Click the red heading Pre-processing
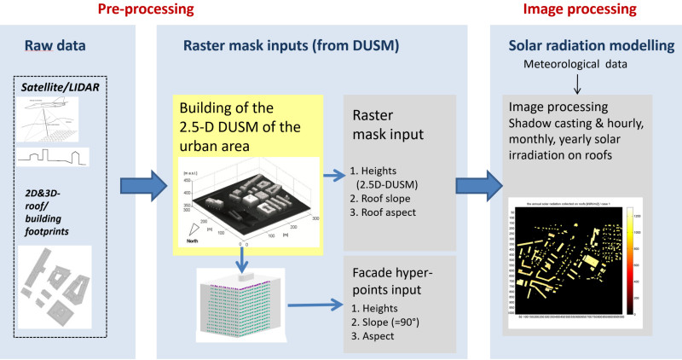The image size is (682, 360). (x=145, y=11)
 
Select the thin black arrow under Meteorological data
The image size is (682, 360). (x=579, y=84)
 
